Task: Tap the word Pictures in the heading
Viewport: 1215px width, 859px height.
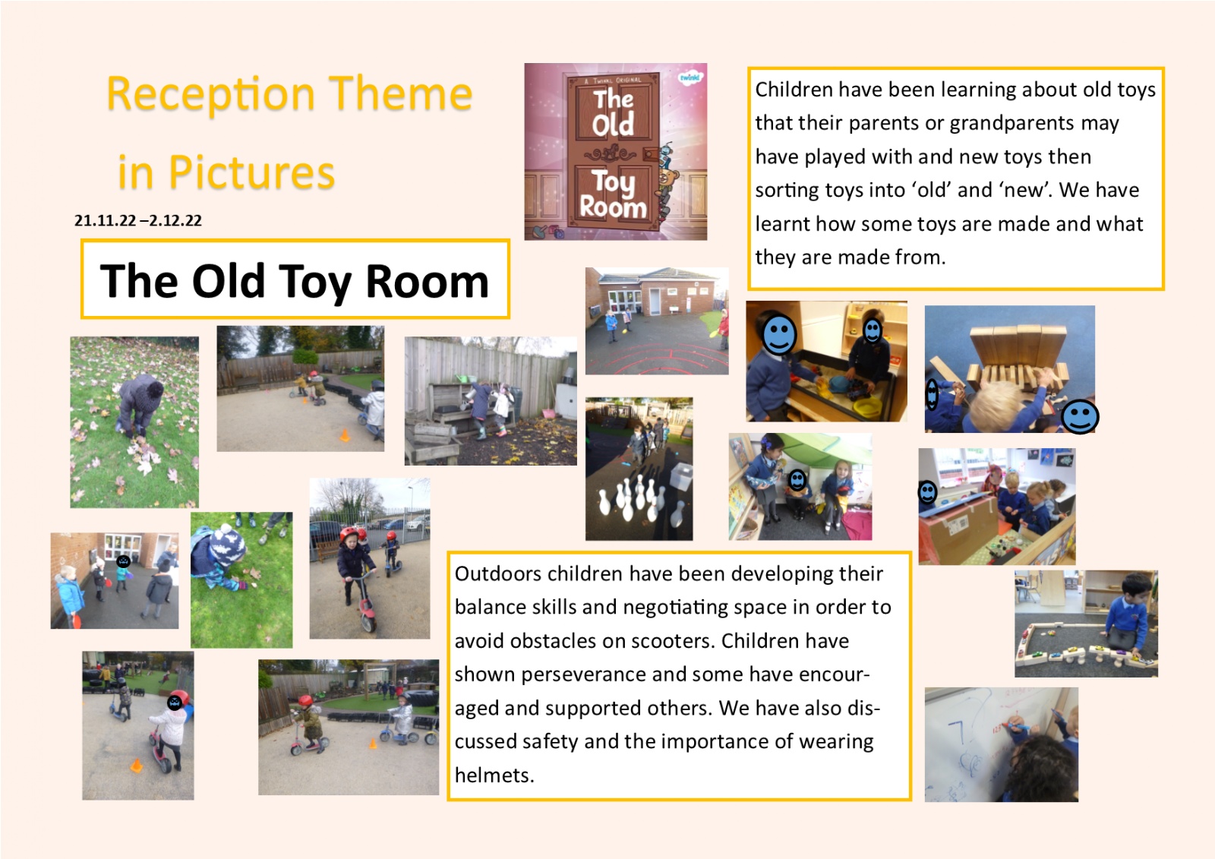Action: pos(251,172)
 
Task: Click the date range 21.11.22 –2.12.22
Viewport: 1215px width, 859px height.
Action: pos(137,220)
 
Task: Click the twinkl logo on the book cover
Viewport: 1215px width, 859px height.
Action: pos(690,77)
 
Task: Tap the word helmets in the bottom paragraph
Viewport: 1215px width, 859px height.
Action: pos(493,775)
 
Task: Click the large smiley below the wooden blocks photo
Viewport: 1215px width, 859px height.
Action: pos(1080,417)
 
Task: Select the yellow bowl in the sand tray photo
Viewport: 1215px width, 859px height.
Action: pos(866,407)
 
